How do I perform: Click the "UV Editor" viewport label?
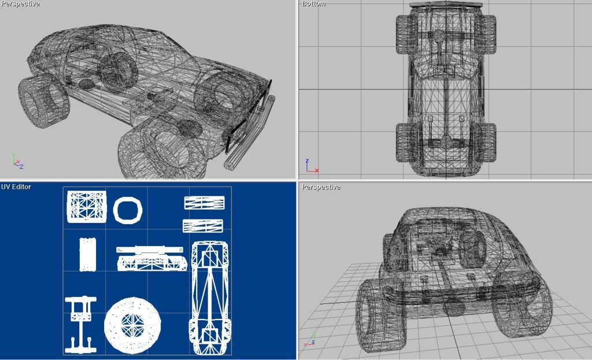[x=16, y=187]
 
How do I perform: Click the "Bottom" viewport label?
[x=313, y=4]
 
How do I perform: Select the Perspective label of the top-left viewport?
[x=20, y=4]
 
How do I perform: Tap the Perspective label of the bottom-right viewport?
[x=321, y=187]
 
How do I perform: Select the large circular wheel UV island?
[x=132, y=325]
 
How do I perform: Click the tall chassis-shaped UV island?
[x=210, y=298]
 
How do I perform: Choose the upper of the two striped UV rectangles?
[x=204, y=203]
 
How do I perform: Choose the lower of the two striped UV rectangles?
[x=203, y=226]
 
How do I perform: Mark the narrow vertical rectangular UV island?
[x=88, y=254]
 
